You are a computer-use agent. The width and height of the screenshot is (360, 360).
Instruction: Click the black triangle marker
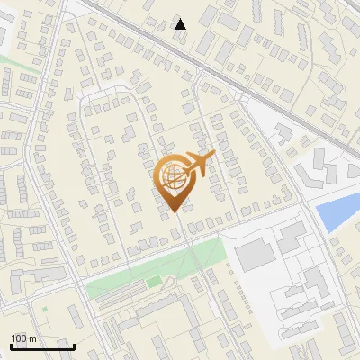click(x=180, y=24)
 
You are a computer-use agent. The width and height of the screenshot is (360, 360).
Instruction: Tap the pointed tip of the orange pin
click(x=175, y=212)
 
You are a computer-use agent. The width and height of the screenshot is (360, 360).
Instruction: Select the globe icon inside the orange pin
click(x=175, y=177)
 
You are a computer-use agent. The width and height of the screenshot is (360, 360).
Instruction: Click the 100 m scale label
click(x=23, y=338)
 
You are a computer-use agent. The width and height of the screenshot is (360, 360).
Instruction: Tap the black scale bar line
click(x=42, y=346)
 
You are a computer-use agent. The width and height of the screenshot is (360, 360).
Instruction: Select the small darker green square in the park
click(x=154, y=283)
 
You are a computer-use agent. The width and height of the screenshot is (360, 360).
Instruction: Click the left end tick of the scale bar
click(x=11, y=346)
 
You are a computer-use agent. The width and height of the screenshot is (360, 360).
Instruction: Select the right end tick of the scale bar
click(x=74, y=346)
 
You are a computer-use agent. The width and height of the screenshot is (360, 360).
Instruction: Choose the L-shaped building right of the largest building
click(x=290, y=238)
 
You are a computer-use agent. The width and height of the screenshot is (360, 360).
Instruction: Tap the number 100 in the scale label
click(x=19, y=338)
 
